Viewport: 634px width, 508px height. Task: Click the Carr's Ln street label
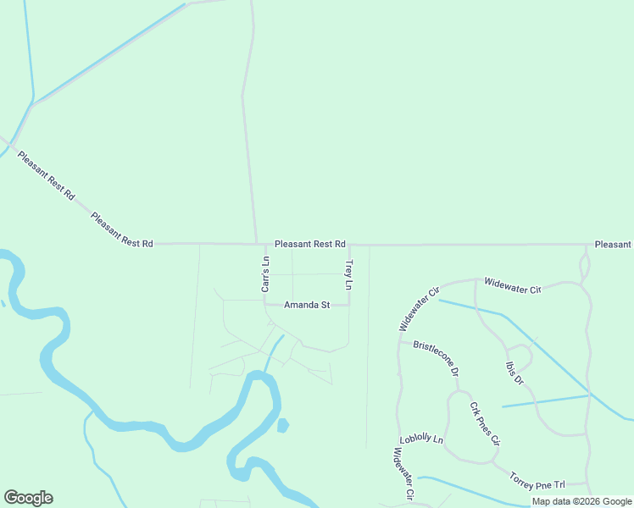point(265,274)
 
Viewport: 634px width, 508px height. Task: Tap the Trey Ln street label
point(348,275)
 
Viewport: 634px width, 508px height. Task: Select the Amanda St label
point(307,305)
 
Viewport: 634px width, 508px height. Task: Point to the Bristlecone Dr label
point(436,358)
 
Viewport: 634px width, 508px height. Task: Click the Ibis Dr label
point(513,373)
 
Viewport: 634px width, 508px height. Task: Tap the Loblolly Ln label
point(421,439)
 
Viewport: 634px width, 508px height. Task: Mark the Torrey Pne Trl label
point(537,481)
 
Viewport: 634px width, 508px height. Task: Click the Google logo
point(28,498)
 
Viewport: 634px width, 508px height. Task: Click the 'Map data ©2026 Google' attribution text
point(582,501)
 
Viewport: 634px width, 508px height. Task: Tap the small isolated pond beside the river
point(282,425)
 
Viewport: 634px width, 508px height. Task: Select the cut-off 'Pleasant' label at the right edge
point(613,245)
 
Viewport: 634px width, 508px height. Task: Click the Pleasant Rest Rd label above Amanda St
point(310,244)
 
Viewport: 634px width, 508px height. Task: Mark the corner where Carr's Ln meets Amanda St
point(265,305)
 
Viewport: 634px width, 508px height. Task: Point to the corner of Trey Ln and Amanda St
point(348,305)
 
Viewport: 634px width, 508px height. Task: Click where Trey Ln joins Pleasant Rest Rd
point(348,245)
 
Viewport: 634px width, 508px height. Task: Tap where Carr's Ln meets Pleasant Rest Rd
point(265,245)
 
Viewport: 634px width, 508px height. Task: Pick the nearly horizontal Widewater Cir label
point(512,284)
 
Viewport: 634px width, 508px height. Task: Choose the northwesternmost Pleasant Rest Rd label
point(47,175)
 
